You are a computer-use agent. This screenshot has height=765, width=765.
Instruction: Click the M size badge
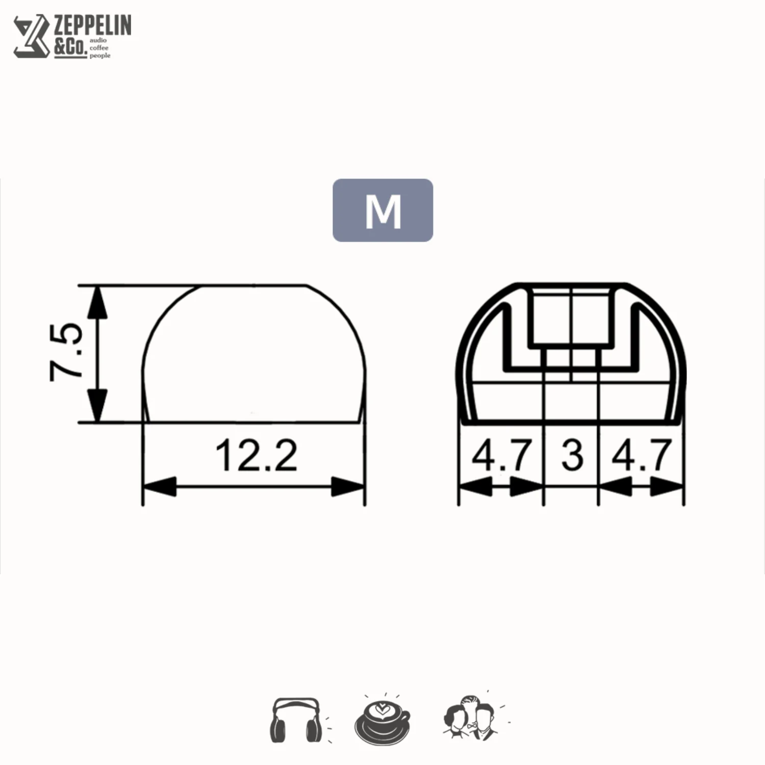[x=382, y=210]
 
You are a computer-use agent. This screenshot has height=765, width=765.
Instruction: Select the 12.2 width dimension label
[x=256, y=455]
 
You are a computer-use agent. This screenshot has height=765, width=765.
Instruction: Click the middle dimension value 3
[x=572, y=455]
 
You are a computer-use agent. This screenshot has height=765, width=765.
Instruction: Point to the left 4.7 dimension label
[x=502, y=455]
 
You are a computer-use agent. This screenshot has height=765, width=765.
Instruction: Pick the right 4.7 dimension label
[x=642, y=455]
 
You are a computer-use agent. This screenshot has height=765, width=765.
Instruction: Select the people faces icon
[x=472, y=717]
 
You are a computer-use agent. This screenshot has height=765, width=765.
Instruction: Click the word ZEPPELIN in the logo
[x=92, y=25]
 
